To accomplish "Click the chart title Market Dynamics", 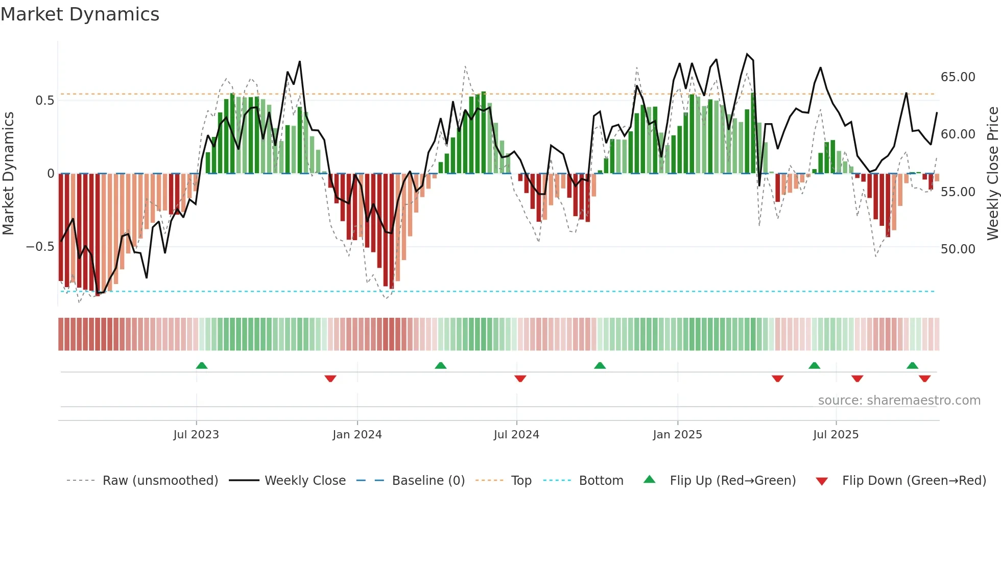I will point(80,14).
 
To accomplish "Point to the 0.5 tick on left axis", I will point(44,101).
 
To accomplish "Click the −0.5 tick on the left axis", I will point(40,247).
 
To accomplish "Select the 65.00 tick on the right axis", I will point(958,77).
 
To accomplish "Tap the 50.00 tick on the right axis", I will point(958,249).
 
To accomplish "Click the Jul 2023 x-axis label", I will point(196,435).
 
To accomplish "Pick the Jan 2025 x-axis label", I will point(677,435).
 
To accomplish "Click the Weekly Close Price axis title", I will point(992,174).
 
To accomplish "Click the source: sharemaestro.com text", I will point(899,401).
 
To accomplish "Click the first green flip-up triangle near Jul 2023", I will point(202,365).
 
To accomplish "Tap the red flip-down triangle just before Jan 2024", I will point(330,379).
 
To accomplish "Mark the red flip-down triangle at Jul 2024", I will point(520,379).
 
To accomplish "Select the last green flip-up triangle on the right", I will point(912,365).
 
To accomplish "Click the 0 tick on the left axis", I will point(51,174).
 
